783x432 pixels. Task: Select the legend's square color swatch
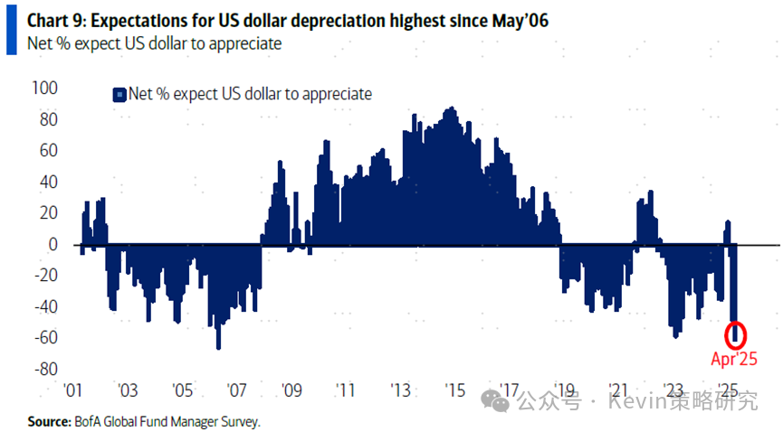[117, 94]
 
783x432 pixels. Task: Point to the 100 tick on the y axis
[44, 89]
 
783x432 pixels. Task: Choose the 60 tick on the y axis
[48, 151]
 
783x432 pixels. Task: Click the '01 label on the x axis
[73, 391]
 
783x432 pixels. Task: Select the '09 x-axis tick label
[291, 391]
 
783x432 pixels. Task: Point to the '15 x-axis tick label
[455, 391]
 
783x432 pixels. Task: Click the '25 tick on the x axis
[728, 391]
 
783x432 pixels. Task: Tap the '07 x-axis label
[237, 391]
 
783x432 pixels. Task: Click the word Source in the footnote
[49, 421]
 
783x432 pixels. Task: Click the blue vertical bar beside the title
[10, 30]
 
